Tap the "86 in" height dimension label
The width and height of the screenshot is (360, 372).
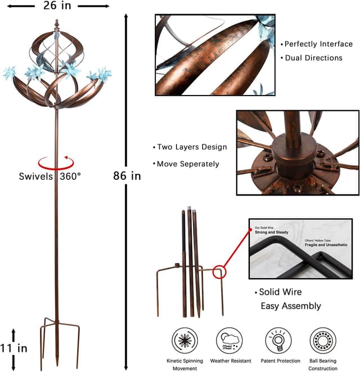click(127, 176)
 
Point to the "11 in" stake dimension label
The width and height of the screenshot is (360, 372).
click(15, 348)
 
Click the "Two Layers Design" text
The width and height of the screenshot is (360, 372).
click(192, 147)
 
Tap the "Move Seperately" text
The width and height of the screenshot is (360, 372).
click(187, 164)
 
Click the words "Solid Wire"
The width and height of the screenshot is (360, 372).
click(282, 292)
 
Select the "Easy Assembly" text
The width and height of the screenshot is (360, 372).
click(290, 306)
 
